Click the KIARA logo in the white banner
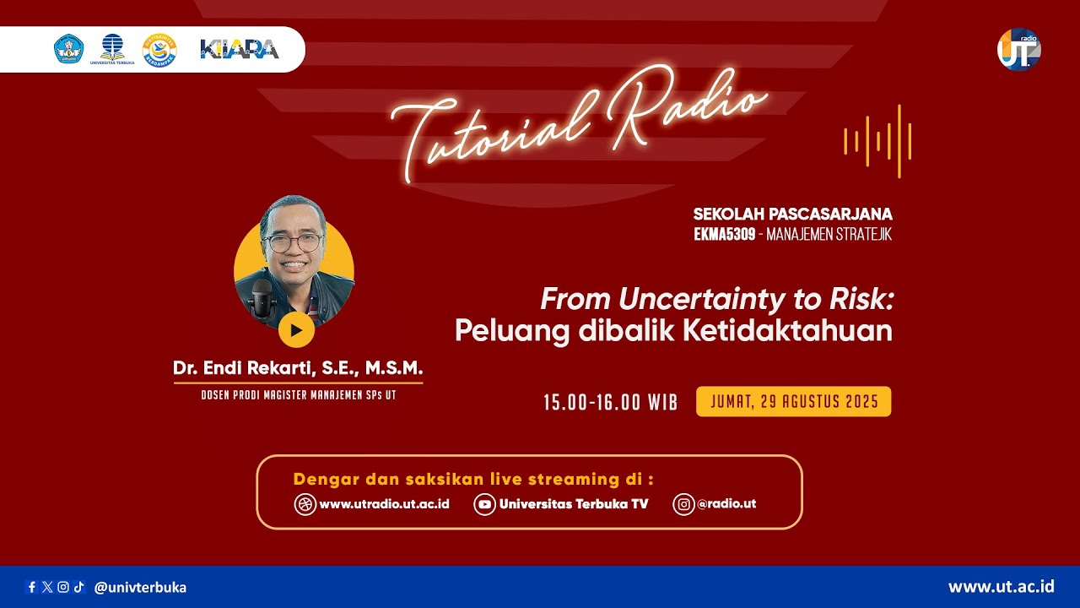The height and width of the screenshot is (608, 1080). pyautogui.click(x=240, y=49)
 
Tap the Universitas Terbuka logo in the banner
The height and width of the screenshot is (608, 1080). pyautogui.click(x=112, y=49)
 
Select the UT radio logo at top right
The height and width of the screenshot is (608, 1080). pyautogui.click(x=1018, y=49)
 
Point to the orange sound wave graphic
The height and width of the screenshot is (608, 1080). pyautogui.click(x=877, y=141)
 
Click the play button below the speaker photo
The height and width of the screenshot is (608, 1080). pyautogui.click(x=296, y=330)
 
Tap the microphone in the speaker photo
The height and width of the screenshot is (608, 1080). pyautogui.click(x=262, y=299)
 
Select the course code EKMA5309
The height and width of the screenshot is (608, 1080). pyautogui.click(x=724, y=235)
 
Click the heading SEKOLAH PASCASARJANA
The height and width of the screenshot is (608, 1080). pyautogui.click(x=792, y=214)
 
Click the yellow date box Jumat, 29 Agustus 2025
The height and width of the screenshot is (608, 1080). pyautogui.click(x=794, y=401)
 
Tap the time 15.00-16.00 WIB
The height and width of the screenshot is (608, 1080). pyautogui.click(x=610, y=402)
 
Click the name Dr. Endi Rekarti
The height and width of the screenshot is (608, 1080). pyautogui.click(x=243, y=367)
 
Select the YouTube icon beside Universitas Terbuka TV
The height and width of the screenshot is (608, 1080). pyautogui.click(x=484, y=504)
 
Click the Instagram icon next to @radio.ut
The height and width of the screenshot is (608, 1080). pyautogui.click(x=683, y=504)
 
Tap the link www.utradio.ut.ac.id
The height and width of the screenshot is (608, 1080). pyautogui.click(x=384, y=504)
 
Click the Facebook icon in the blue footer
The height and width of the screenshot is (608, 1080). pyautogui.click(x=32, y=587)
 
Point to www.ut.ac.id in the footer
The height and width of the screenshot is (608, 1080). pyautogui.click(x=1001, y=587)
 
